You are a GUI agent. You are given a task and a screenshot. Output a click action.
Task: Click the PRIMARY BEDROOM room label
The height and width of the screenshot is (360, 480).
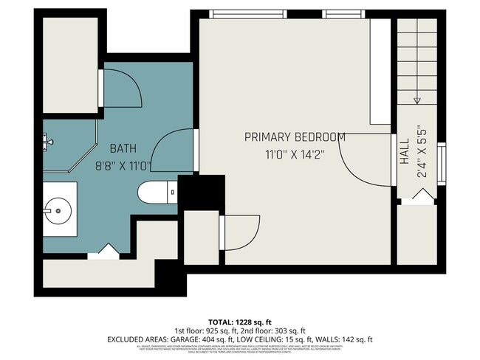[x=295, y=137]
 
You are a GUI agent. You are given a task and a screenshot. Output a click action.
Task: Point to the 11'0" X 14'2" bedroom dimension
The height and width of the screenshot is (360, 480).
[x=295, y=155]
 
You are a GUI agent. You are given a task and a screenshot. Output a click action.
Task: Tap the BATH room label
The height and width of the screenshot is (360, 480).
[x=123, y=148]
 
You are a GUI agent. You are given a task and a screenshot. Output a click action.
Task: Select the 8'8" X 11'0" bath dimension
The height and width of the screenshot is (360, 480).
[x=123, y=167]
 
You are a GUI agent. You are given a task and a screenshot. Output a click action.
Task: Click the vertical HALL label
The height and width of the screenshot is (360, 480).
[x=405, y=153]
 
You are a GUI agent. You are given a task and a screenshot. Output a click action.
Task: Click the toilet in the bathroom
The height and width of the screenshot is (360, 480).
[x=156, y=192]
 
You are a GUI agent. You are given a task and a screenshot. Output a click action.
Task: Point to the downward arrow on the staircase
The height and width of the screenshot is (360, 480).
[x=417, y=100]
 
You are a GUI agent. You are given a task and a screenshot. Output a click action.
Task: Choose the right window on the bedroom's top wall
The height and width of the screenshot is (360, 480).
[x=343, y=13]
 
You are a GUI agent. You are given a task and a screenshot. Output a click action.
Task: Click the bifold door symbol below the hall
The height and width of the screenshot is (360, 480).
[x=421, y=195]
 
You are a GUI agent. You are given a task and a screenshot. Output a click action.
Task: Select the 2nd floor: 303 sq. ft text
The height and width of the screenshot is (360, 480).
[x=278, y=330]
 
